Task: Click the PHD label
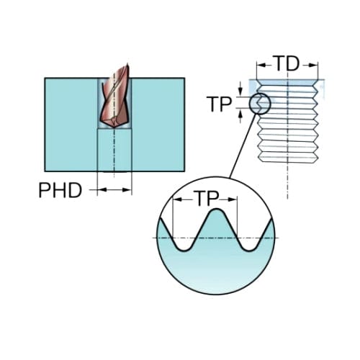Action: (x=60, y=190)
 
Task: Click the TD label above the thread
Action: (x=287, y=63)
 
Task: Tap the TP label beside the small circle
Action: (x=219, y=104)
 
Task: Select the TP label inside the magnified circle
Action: (x=207, y=199)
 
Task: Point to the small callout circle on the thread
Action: (x=260, y=104)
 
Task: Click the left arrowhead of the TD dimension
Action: (x=261, y=66)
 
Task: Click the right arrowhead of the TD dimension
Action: (x=313, y=66)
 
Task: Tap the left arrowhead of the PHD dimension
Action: (x=102, y=190)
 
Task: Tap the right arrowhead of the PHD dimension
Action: (x=127, y=190)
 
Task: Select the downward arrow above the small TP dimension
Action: (x=240, y=91)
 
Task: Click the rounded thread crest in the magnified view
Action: (x=217, y=210)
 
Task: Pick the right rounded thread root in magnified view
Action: (x=250, y=251)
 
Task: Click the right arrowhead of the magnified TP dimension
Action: (x=233, y=199)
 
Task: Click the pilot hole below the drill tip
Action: (x=114, y=150)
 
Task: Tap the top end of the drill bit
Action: (x=127, y=64)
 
